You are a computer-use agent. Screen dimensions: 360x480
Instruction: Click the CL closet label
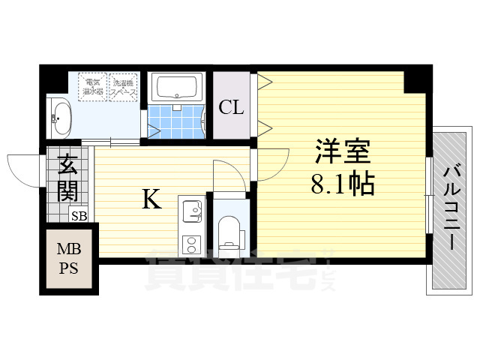(x=231, y=107)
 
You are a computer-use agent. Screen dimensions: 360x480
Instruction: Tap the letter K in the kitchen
(x=151, y=200)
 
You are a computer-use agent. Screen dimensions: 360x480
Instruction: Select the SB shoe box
(x=78, y=216)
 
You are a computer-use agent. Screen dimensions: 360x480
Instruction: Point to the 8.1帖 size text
(x=343, y=184)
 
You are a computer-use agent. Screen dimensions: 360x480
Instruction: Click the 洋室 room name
(x=342, y=153)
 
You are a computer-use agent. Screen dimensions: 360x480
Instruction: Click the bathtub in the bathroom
(x=177, y=88)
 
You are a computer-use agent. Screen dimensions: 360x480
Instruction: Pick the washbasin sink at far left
(x=60, y=117)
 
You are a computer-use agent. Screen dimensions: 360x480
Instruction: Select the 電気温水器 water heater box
(x=94, y=86)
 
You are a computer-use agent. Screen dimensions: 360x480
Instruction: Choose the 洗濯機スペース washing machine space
(x=124, y=86)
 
